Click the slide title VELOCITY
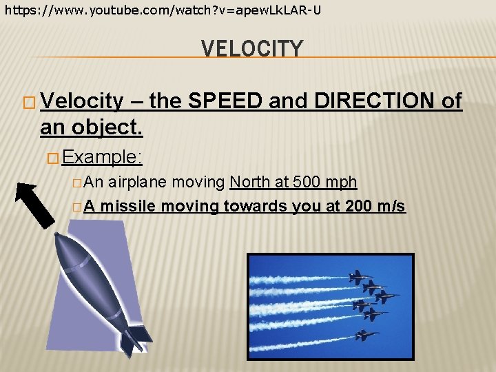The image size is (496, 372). (x=251, y=50)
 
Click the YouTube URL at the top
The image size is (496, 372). (x=163, y=10)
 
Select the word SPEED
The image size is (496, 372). (x=225, y=102)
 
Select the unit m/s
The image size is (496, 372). (x=389, y=206)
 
